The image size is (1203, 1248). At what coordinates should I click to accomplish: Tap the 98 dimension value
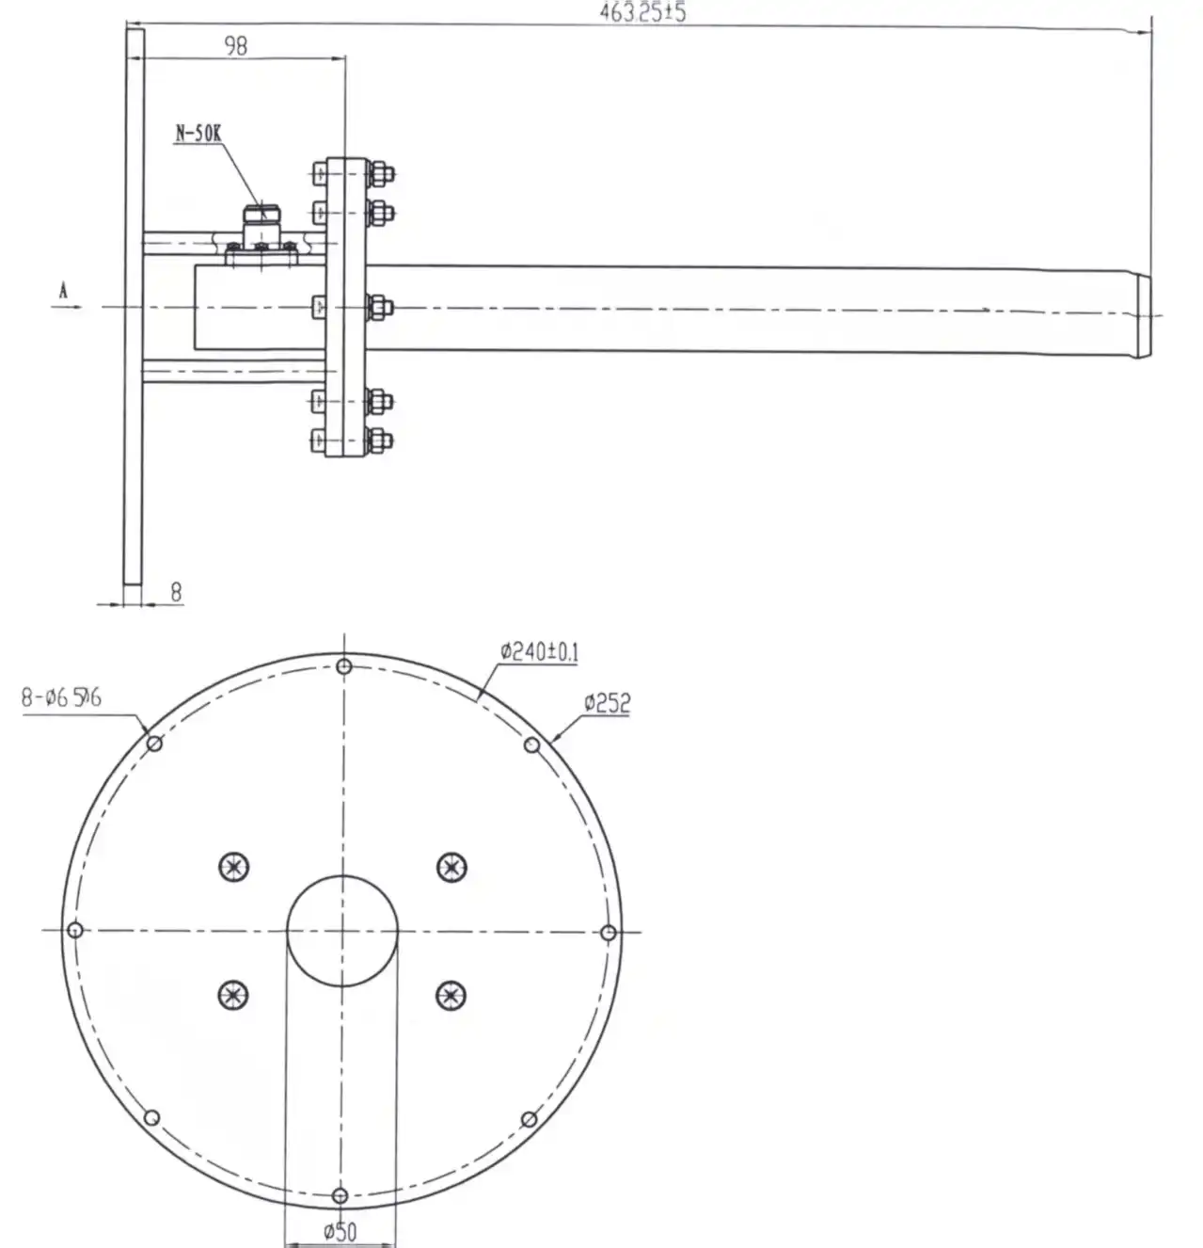(236, 45)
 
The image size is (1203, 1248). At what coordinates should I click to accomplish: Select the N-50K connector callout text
(197, 133)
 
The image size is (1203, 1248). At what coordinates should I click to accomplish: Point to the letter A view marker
(63, 292)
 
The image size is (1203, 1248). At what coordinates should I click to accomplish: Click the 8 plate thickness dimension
(175, 592)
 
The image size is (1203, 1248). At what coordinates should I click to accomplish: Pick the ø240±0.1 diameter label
(539, 650)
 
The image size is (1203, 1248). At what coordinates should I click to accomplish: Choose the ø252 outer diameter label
(606, 702)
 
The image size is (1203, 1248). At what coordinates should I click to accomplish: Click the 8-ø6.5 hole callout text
(61, 698)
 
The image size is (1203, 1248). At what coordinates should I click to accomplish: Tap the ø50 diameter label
(340, 1231)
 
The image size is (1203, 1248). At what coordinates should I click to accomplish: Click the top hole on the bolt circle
(344, 666)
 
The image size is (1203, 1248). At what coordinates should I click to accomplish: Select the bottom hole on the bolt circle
(340, 1195)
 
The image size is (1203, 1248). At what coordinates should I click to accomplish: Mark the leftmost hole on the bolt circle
(76, 930)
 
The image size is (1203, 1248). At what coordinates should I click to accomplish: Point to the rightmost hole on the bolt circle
(608, 933)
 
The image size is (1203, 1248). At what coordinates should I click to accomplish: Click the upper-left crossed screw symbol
(234, 867)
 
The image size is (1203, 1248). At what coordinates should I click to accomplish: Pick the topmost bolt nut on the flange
(380, 174)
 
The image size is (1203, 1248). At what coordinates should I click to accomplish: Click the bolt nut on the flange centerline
(379, 307)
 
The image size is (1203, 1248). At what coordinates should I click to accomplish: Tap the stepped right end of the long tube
(1143, 315)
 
